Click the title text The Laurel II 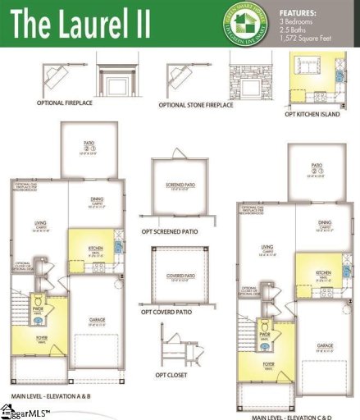pyautogui.click(x=80, y=22)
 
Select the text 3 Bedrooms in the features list pyautogui.click(x=300, y=22)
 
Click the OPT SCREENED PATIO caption pyautogui.click(x=171, y=231)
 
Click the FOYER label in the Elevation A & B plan pyautogui.click(x=42, y=336)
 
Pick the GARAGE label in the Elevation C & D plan pyautogui.click(x=324, y=345)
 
